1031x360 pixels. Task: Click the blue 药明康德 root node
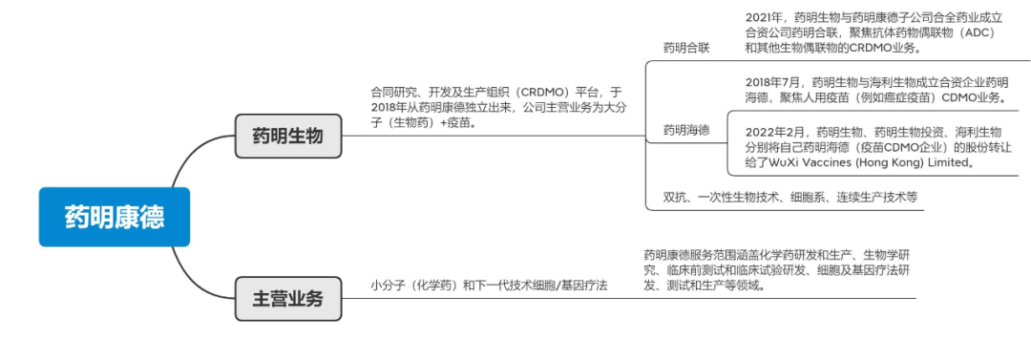pyautogui.click(x=114, y=217)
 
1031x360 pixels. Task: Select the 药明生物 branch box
pyautogui.click(x=287, y=135)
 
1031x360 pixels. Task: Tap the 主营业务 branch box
pyautogui.click(x=287, y=299)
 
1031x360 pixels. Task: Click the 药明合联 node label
pyautogui.click(x=685, y=48)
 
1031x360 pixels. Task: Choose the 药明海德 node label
pyautogui.click(x=685, y=129)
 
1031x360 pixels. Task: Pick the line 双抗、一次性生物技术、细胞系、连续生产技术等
pyautogui.click(x=789, y=198)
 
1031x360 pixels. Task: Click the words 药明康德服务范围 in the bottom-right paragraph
pyautogui.click(x=688, y=255)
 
